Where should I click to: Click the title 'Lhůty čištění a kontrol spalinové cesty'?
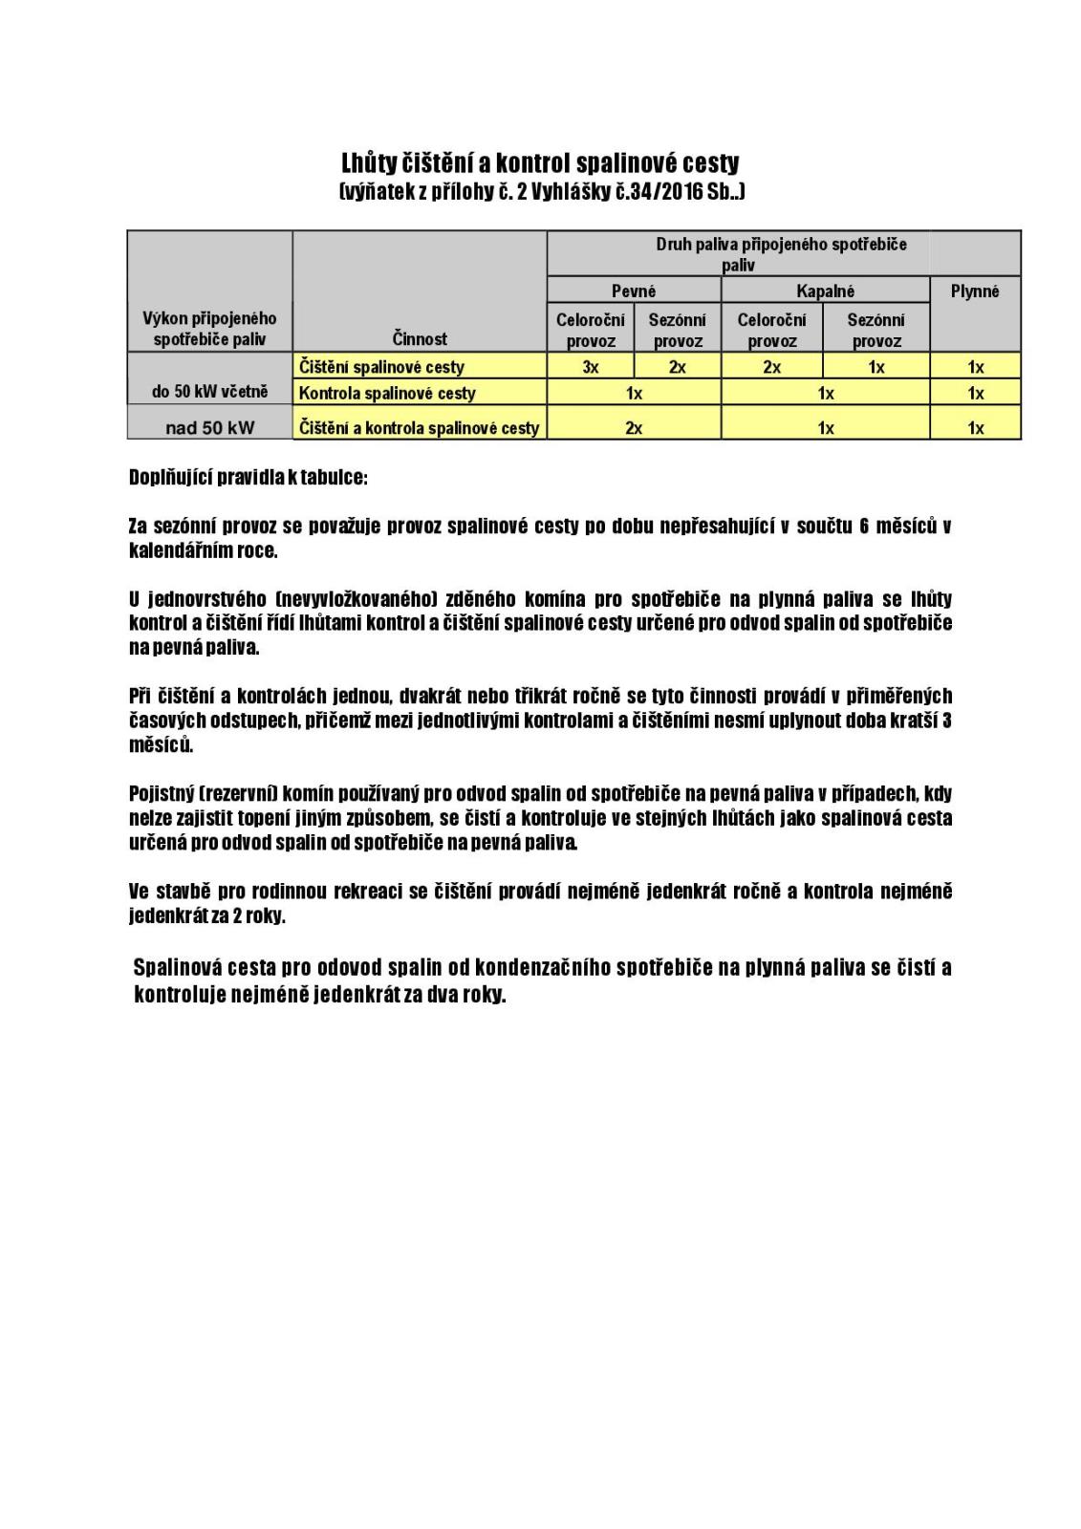pos(540,162)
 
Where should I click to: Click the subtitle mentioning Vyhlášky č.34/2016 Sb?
pos(541,192)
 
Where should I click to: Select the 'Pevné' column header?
pos(634,291)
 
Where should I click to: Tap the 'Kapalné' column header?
pos(826,291)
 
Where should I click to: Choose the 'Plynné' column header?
pos(975,291)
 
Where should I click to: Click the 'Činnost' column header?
pos(420,338)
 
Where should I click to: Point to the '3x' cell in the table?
pos(591,367)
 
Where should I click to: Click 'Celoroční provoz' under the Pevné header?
pos(591,330)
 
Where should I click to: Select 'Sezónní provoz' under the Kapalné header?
pos(876,330)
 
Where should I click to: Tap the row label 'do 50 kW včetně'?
pos(210,392)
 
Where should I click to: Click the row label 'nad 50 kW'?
pos(210,428)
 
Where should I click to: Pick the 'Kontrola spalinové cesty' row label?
pos(387,393)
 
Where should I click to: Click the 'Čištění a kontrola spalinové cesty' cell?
pos(420,428)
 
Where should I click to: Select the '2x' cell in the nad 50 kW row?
pos(634,428)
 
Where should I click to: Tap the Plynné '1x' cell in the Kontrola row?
pos(975,393)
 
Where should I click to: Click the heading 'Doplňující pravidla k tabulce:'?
pos(249,478)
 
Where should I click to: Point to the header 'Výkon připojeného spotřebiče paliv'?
pos(210,329)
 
